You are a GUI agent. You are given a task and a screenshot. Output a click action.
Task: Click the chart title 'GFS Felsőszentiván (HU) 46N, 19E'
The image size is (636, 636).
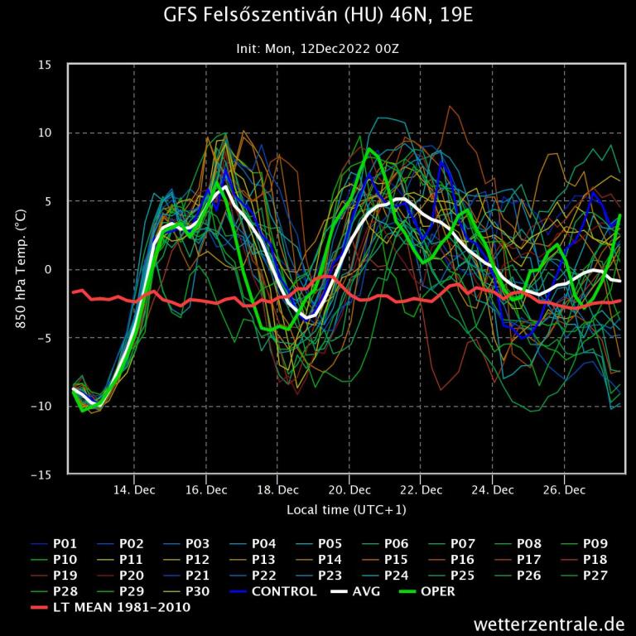318,16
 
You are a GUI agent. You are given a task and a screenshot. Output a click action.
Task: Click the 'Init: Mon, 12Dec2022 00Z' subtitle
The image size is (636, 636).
318,49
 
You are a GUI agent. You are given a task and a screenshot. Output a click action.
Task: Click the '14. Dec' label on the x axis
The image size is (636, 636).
134,490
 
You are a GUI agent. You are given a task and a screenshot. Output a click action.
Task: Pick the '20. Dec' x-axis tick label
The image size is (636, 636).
349,490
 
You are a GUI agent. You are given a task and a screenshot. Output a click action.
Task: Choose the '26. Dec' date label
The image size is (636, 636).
563,490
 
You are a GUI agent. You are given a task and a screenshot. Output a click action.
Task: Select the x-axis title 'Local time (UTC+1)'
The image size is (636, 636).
346,509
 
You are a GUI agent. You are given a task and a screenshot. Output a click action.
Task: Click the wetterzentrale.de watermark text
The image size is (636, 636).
549,624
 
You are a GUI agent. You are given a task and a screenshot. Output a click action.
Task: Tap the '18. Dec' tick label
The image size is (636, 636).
277,490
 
